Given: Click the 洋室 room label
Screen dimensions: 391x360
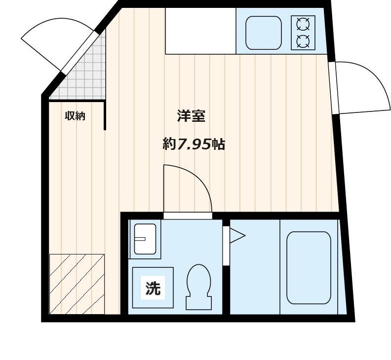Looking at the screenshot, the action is [x=191, y=116].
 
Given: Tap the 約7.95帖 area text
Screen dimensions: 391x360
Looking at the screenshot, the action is [x=194, y=144].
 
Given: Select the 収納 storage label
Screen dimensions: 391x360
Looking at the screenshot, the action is [x=75, y=116].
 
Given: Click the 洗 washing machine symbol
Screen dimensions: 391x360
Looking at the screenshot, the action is [x=153, y=288].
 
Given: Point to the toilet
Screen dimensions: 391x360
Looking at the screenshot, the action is [x=199, y=287].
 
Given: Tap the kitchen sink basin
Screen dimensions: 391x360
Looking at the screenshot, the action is [x=264, y=33].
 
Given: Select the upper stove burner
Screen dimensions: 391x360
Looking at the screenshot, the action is [x=303, y=24].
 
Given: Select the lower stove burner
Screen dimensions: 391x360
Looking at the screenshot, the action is [x=303, y=41].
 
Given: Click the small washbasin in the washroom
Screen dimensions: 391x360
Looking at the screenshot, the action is [x=145, y=239].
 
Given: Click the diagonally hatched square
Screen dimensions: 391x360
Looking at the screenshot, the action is [x=77, y=284].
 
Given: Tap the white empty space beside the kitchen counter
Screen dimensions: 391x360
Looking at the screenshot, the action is [x=201, y=31].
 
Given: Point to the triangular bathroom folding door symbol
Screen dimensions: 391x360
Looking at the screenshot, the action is [x=237, y=235].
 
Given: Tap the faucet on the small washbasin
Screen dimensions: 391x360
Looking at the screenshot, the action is [x=140, y=239].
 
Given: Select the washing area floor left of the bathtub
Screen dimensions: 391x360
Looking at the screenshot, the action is [x=255, y=267].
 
